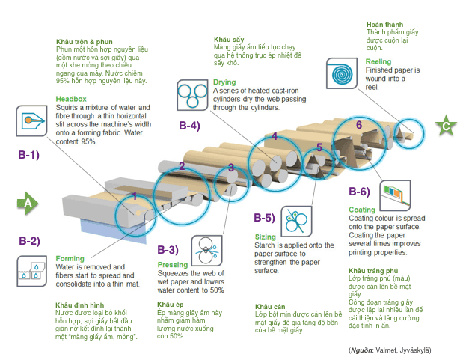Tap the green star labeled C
pos(446,126)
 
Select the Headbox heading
pos(70,97)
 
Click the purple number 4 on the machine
pos(275,136)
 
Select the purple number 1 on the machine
pos(135,196)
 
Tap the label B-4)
pos(188,126)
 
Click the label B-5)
pos(264,219)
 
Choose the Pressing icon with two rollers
pos(209,248)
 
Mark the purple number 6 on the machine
pos(359,124)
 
